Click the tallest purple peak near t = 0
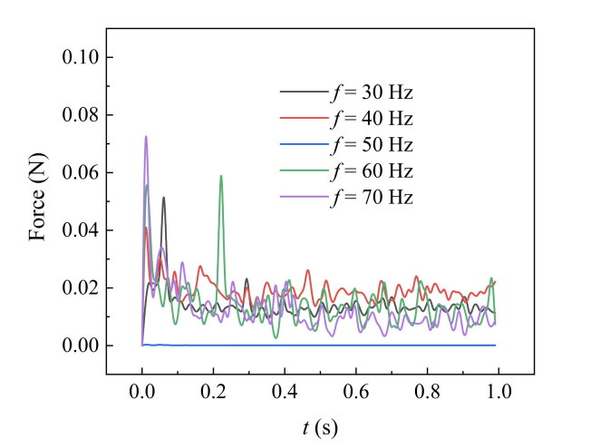(145, 137)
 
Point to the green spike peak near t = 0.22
(220, 176)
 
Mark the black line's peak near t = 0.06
(163, 198)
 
